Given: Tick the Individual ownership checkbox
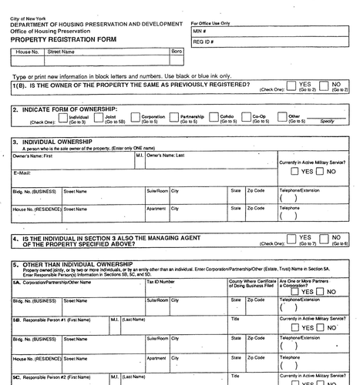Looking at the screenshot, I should (x=52, y=118).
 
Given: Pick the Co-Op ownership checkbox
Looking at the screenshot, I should (x=245, y=118).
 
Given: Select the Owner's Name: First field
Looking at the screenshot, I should (x=69, y=162).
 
